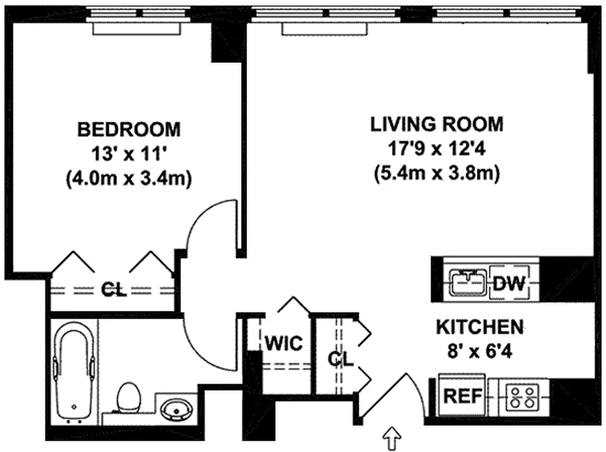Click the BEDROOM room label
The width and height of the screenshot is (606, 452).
[128, 129]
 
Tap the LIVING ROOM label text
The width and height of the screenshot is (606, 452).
[436, 124]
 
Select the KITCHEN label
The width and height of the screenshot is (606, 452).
[479, 327]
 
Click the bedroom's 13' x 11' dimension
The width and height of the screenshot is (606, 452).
[128, 154]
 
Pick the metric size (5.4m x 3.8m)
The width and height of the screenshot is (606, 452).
[436, 175]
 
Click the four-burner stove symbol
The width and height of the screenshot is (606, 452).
[521, 397]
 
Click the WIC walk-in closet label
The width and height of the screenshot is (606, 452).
[283, 343]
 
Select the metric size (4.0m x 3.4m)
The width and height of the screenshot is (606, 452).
[128, 179]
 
